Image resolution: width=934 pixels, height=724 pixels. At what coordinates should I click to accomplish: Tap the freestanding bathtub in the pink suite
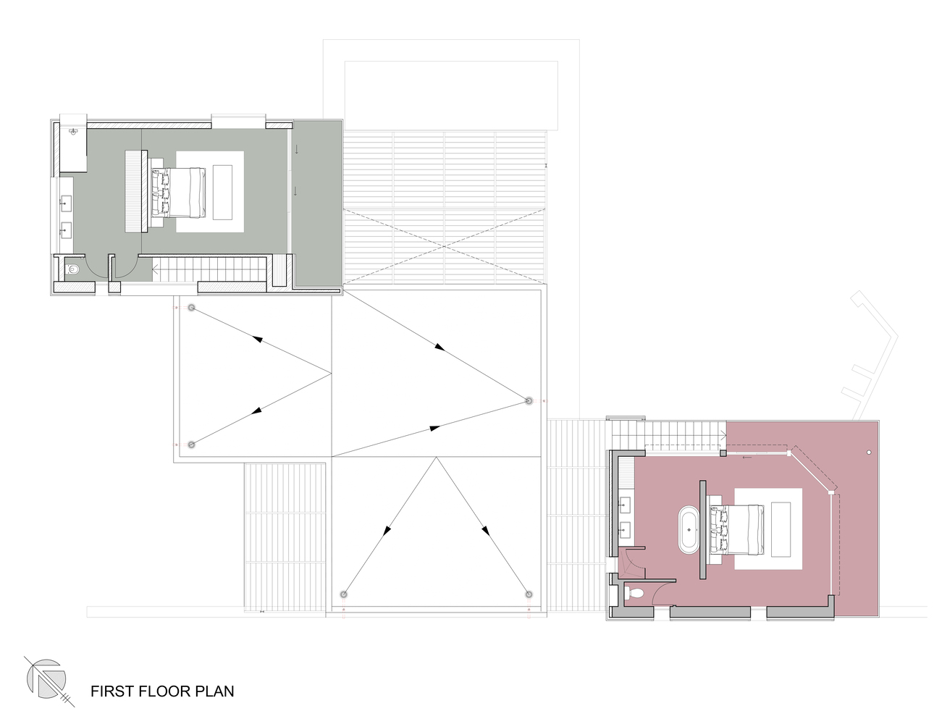(688, 531)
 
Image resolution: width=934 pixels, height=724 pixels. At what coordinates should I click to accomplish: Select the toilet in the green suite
(72, 271)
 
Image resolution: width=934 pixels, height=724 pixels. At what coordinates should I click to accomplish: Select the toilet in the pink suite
(636, 594)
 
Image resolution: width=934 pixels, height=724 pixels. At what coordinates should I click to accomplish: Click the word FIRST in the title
(112, 691)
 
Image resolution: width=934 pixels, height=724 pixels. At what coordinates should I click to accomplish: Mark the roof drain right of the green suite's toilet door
(191, 308)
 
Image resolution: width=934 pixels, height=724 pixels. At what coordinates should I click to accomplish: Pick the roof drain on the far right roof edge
(529, 400)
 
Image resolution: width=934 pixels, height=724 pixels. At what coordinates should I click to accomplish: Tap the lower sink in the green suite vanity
(66, 230)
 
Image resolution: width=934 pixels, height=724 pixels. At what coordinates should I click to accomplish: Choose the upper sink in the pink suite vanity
(623, 502)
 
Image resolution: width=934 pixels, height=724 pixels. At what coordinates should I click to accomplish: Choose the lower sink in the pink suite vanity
(623, 529)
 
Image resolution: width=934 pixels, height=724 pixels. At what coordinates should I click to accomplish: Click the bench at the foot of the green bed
(223, 193)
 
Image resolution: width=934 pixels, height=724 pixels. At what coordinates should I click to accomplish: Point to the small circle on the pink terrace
(869, 452)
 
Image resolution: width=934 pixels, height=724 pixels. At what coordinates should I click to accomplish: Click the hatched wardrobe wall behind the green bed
(136, 191)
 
